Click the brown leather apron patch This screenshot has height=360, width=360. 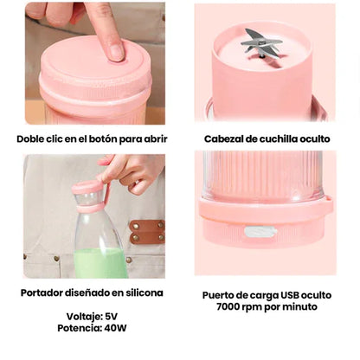point(146,232)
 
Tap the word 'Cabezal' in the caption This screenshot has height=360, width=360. point(226,138)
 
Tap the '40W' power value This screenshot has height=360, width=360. point(119,329)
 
